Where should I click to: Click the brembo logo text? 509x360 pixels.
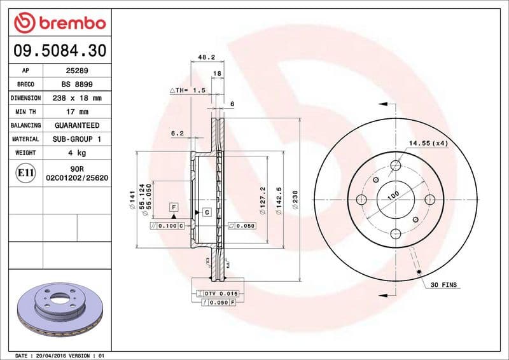coord(69,23)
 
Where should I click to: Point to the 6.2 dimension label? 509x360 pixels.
coord(178,134)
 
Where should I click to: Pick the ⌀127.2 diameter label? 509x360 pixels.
coord(261,198)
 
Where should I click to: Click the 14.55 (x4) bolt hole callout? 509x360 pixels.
coord(428,143)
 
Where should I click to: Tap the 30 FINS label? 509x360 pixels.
coord(444,284)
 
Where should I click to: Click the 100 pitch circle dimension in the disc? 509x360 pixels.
coord(393,194)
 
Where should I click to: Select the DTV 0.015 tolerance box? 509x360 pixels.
coord(220,293)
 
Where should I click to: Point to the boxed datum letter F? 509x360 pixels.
coord(172,207)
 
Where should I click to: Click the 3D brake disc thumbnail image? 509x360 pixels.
coord(60,310)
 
